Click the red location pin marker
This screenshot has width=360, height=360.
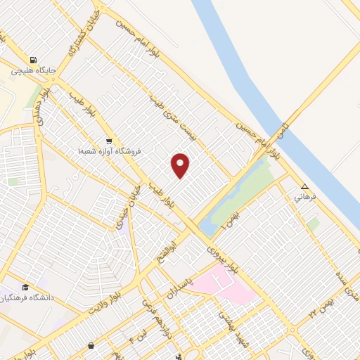pyautogui.click(x=181, y=165)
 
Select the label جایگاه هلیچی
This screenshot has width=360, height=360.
pyautogui.click(x=33, y=71)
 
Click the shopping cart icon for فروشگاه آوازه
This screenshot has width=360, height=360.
pyautogui.click(x=108, y=139)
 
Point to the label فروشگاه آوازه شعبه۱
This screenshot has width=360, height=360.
pyautogui.click(x=110, y=150)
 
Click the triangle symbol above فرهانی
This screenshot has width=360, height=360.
pyautogui.click(x=304, y=187)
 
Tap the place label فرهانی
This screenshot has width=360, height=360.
pyautogui.click(x=304, y=198)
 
